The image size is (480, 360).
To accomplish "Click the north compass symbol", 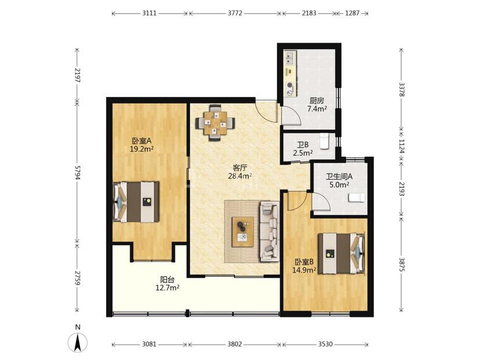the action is [x=78, y=342].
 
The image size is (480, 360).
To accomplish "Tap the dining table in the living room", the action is [x=216, y=123].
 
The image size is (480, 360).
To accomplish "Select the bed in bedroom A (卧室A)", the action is [x=136, y=202].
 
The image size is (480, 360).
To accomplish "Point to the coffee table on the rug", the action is [x=243, y=232].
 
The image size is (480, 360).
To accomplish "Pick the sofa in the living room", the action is [x=270, y=231].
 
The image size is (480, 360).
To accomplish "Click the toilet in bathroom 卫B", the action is [x=324, y=141].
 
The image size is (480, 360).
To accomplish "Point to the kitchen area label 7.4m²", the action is [x=317, y=108].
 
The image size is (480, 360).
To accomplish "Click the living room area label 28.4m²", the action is [x=240, y=176].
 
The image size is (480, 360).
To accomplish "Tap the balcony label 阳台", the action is [x=168, y=279].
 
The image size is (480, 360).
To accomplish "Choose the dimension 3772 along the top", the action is [x=235, y=13].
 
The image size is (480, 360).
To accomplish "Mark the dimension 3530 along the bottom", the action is [x=325, y=344].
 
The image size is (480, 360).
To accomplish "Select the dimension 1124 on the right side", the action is [x=402, y=147].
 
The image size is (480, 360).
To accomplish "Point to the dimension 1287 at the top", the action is [x=352, y=13].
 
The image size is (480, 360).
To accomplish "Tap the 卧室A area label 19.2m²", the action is [x=141, y=149].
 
